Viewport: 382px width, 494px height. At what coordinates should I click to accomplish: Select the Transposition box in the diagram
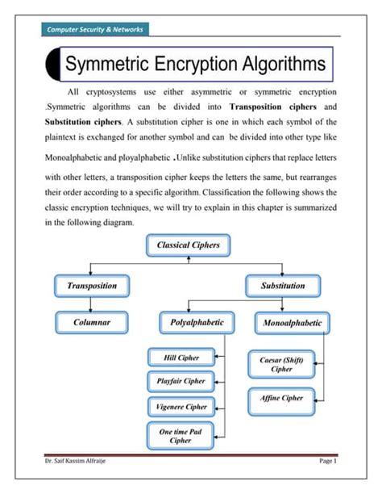[x=92, y=285]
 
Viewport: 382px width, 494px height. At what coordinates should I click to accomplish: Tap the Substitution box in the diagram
[x=283, y=285]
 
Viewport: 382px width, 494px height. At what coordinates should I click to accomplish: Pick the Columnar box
[x=92, y=322]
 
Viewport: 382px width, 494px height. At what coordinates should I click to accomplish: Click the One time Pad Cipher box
[x=180, y=436]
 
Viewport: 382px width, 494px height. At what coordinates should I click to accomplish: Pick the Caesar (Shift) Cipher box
[x=281, y=364]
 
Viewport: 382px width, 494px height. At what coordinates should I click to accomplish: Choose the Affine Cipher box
[x=281, y=398]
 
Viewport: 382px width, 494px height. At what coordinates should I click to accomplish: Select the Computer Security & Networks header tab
[x=95, y=30]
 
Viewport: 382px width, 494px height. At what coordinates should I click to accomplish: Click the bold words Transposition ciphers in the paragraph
[x=276, y=107]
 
